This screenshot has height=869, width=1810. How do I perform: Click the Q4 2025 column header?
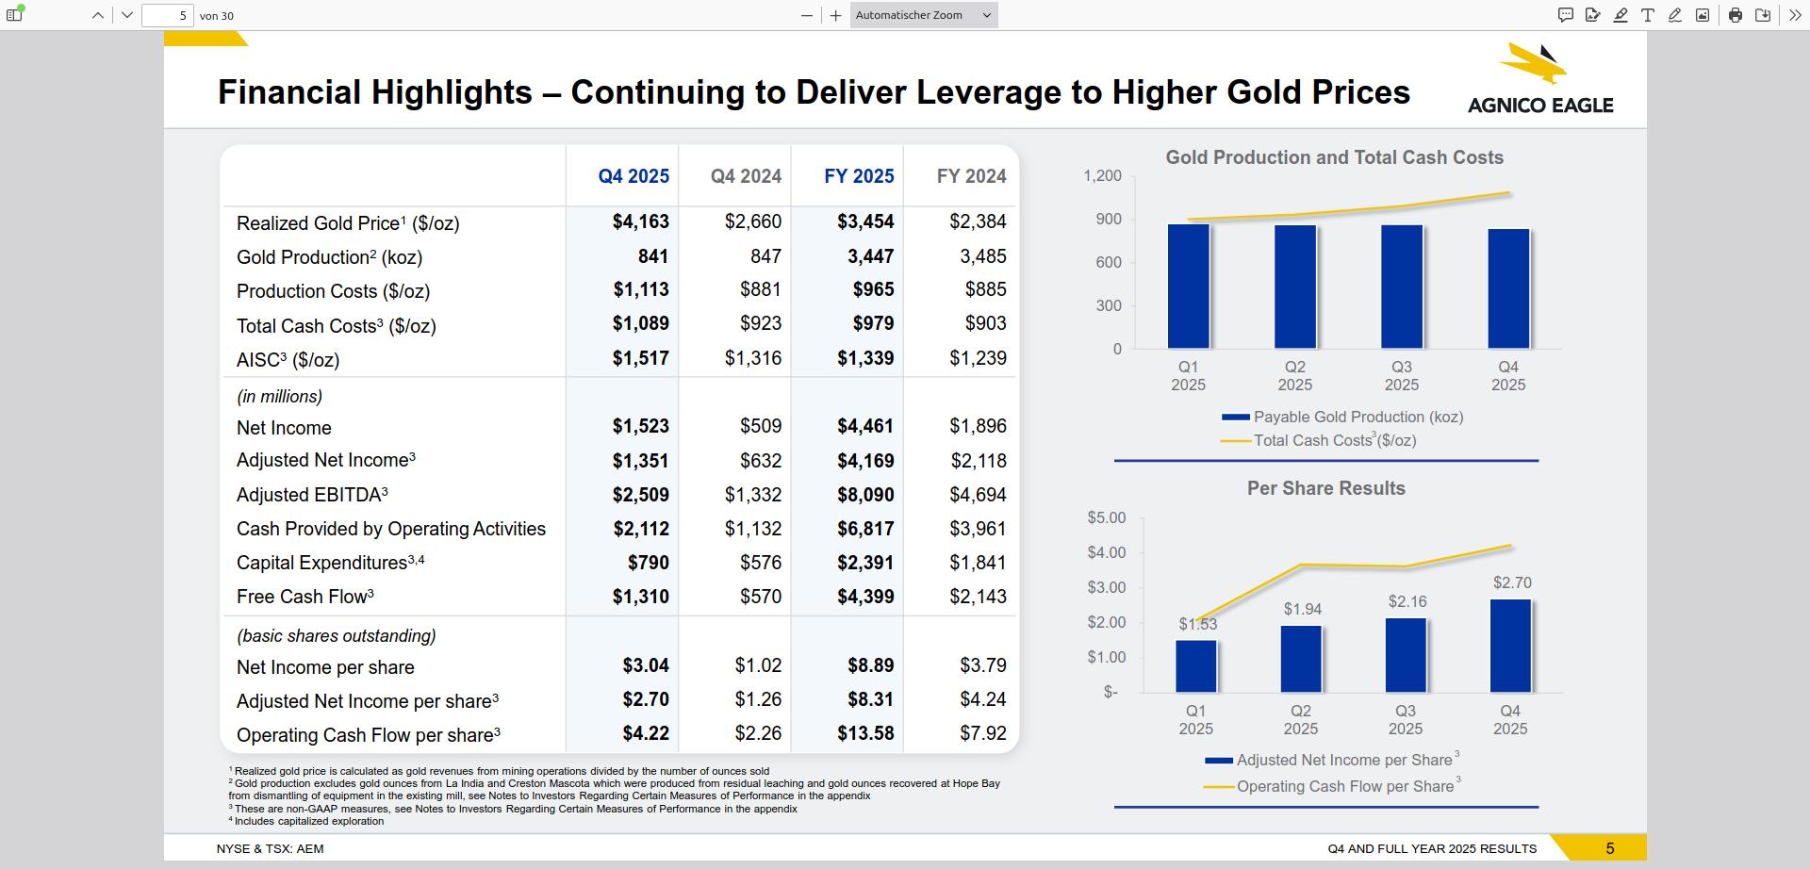633,176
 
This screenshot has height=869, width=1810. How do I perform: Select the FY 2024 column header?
971,176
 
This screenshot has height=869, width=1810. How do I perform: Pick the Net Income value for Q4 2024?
760,426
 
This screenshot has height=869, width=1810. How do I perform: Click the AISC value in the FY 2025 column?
865,358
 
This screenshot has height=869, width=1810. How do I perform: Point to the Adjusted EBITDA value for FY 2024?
978,495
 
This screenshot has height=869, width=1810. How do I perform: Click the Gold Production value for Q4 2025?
652,256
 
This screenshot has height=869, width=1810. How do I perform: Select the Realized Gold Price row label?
347,223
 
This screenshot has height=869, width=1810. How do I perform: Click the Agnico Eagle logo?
1539,79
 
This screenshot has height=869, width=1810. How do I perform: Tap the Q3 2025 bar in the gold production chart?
1402,287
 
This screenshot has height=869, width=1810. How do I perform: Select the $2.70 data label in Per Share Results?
1512,583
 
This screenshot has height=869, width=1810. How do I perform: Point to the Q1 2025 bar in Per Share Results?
1196,666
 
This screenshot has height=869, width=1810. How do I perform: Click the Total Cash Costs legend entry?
1334,440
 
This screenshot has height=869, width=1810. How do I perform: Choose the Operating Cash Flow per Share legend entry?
1344,786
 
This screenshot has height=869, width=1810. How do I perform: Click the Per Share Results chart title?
1325,488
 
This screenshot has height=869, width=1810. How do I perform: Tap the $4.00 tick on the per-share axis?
1106,552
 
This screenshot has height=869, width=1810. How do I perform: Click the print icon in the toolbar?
1735,15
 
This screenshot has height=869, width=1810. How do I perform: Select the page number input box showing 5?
168,15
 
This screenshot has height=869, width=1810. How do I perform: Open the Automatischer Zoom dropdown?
923,15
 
